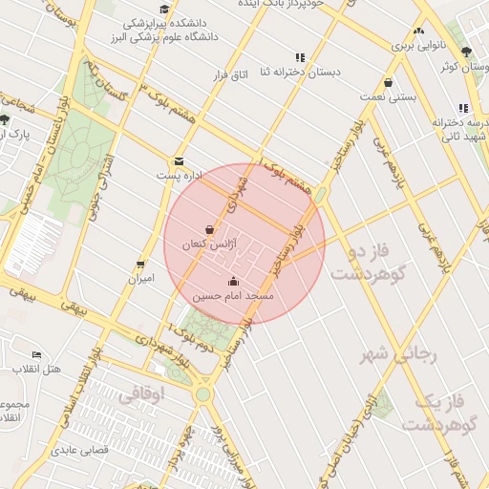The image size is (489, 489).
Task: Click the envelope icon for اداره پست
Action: point(179,161)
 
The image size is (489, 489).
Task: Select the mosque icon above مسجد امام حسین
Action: point(234,281)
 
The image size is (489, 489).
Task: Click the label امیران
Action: point(141,280)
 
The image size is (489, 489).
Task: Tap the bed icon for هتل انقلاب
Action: point(37,353)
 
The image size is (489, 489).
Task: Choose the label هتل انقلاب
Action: point(37,369)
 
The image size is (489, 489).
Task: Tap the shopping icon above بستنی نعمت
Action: point(388,82)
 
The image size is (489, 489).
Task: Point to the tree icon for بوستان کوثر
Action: point(465,52)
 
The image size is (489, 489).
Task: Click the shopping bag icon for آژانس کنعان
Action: point(210,229)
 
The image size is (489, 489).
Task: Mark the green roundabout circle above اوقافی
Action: point(202,393)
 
